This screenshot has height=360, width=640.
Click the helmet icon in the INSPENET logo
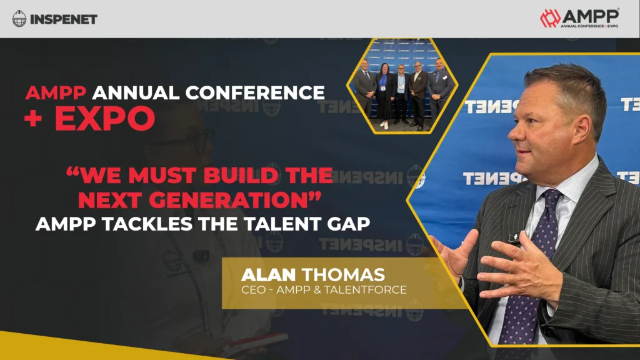coord(19,19)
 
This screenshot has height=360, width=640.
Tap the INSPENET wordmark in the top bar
coord(63,19)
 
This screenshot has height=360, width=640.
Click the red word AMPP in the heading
coord(56,93)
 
